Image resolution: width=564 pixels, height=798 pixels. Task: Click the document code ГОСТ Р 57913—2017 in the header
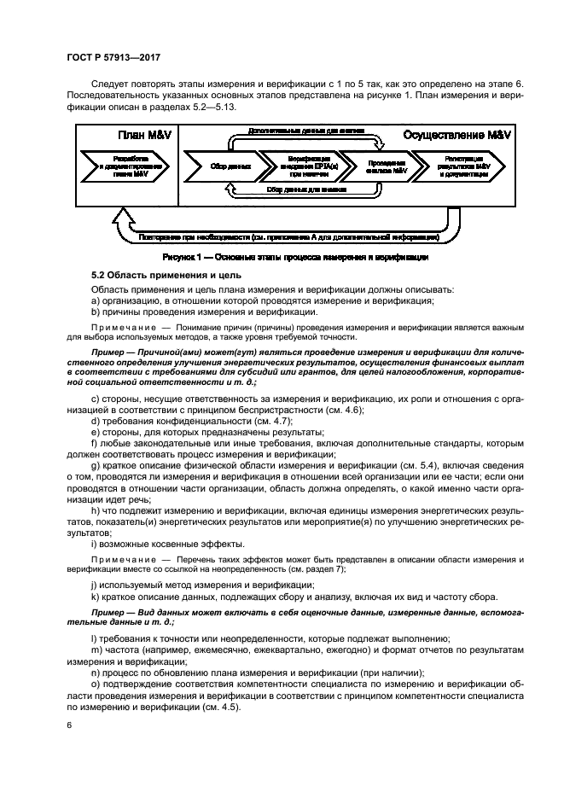point(113,56)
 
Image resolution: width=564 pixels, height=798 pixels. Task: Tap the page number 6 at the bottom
point(69,724)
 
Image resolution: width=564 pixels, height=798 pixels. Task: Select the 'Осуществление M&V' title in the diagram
point(450,136)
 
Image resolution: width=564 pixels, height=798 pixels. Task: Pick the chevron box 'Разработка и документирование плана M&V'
point(128,166)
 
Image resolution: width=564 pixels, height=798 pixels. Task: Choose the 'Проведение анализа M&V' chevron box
point(373,166)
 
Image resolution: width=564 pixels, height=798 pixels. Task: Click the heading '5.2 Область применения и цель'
point(155,275)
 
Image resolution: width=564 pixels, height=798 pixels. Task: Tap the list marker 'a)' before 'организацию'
point(95,300)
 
